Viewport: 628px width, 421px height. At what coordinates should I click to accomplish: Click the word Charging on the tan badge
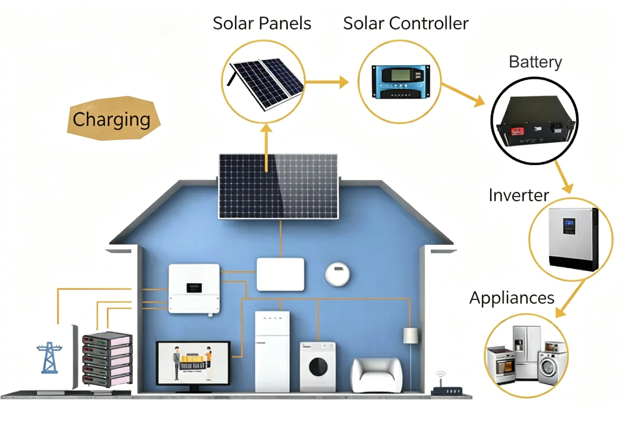pos(111,120)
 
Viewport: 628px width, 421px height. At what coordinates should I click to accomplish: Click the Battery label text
pos(535,62)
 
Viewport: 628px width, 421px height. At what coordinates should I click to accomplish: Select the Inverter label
pos(519,195)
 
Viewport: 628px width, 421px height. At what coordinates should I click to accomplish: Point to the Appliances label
pos(512,298)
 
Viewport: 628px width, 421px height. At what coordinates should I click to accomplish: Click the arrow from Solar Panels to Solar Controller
pos(327,82)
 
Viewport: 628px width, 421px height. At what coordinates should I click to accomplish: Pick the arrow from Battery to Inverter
pos(564,177)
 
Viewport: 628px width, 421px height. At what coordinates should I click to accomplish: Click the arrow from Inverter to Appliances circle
pos(570,299)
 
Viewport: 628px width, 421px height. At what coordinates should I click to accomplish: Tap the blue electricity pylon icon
pos(49,357)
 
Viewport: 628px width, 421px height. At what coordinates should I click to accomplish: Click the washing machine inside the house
pos(318,367)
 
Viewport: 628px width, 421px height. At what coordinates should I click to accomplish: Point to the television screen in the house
pos(193,363)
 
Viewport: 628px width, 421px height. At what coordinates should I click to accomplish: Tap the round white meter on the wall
pos(338,274)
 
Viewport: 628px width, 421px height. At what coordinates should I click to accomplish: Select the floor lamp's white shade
pos(411,335)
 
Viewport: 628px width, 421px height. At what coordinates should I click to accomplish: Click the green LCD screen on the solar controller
pos(401,75)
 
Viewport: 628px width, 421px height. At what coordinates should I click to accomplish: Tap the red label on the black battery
pos(517,132)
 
